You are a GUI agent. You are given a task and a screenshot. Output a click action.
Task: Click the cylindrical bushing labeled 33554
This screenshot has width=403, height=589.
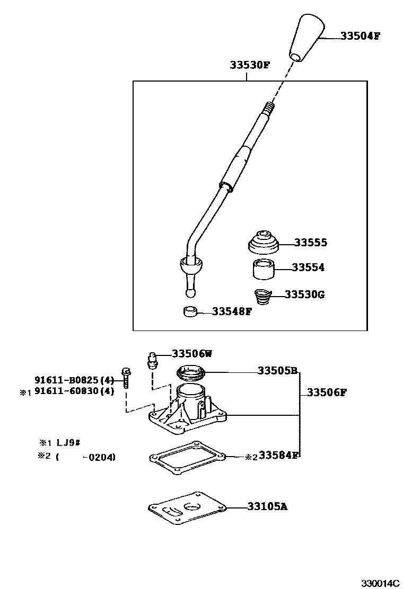pos(263,269)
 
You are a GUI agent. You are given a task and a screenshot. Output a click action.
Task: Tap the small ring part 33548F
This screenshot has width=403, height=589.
pos(190,311)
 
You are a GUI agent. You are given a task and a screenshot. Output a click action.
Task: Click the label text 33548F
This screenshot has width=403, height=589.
pos(232,311)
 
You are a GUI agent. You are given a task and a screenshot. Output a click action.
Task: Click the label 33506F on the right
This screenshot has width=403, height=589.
pos(327,392)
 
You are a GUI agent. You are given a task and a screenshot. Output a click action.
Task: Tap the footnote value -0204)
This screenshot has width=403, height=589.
pos(99,457)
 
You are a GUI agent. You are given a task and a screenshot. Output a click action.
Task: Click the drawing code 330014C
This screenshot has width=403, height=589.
pos(380,583)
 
